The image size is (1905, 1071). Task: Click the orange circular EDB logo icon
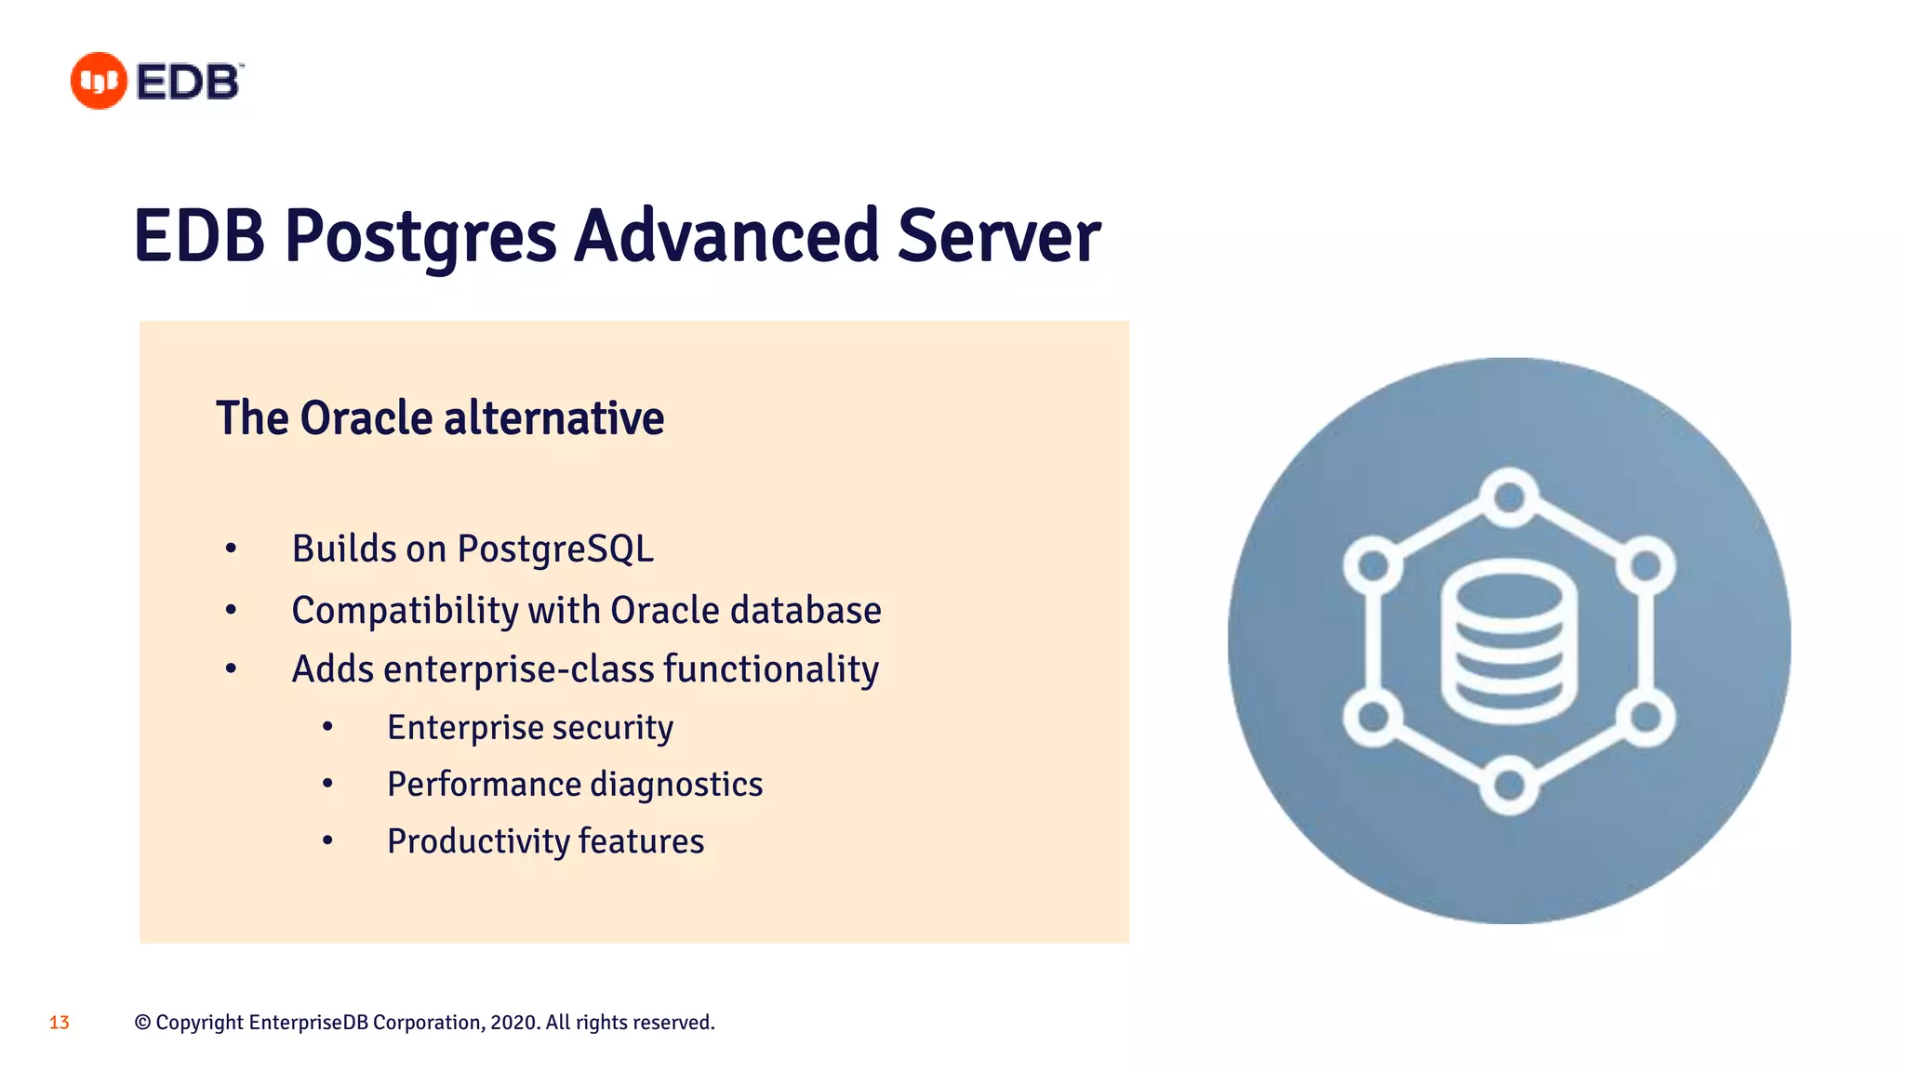[99, 81]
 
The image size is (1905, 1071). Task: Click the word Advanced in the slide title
[726, 236]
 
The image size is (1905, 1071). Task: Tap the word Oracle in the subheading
[366, 418]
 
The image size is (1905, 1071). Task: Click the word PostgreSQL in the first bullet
[555, 549]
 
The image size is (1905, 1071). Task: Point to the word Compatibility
[405, 612]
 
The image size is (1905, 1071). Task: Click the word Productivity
[478, 841]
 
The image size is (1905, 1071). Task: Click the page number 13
[60, 1023]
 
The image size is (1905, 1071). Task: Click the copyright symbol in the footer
[142, 1023]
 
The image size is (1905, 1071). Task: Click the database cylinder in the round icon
[1508, 641]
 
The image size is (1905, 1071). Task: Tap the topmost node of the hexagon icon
[1508, 496]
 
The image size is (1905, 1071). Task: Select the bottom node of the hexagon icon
[1508, 787]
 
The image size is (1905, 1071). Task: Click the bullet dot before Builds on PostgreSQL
[231, 549]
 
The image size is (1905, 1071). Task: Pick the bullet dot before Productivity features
[327, 841]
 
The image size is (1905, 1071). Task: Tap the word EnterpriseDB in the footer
[309, 1023]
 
